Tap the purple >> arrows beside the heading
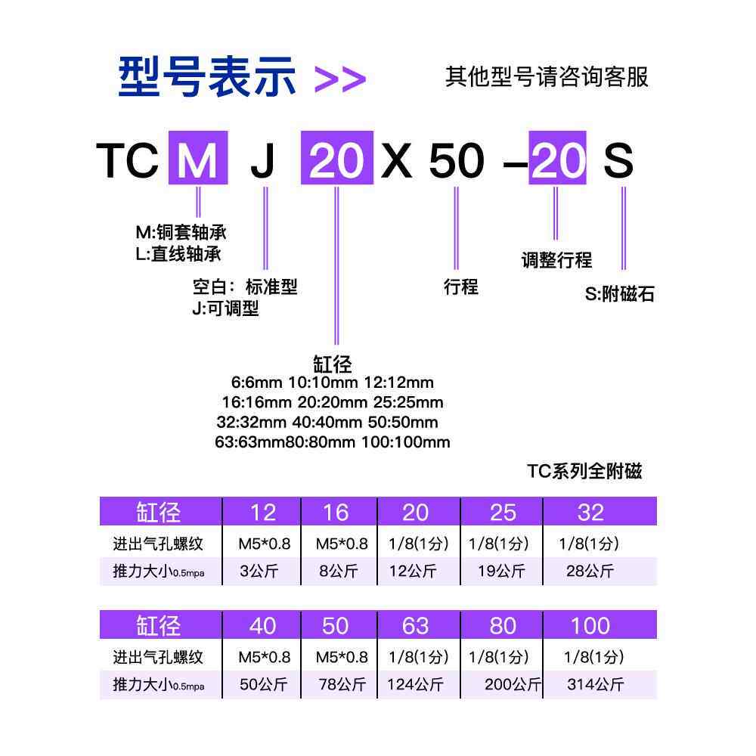[x=339, y=79]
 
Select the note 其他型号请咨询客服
[x=547, y=76]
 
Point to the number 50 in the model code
[x=456, y=160]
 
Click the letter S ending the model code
[x=618, y=160]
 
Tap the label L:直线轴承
[x=178, y=254]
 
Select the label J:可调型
[x=225, y=308]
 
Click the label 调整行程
[x=556, y=261]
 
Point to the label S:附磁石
[x=619, y=294]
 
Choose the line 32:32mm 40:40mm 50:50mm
[x=327, y=422]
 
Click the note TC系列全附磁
[x=584, y=472]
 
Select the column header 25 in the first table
[x=503, y=513]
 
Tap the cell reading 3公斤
[x=259, y=571]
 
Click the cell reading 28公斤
[x=590, y=571]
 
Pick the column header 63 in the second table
[x=415, y=626]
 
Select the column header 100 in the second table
[x=590, y=626]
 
